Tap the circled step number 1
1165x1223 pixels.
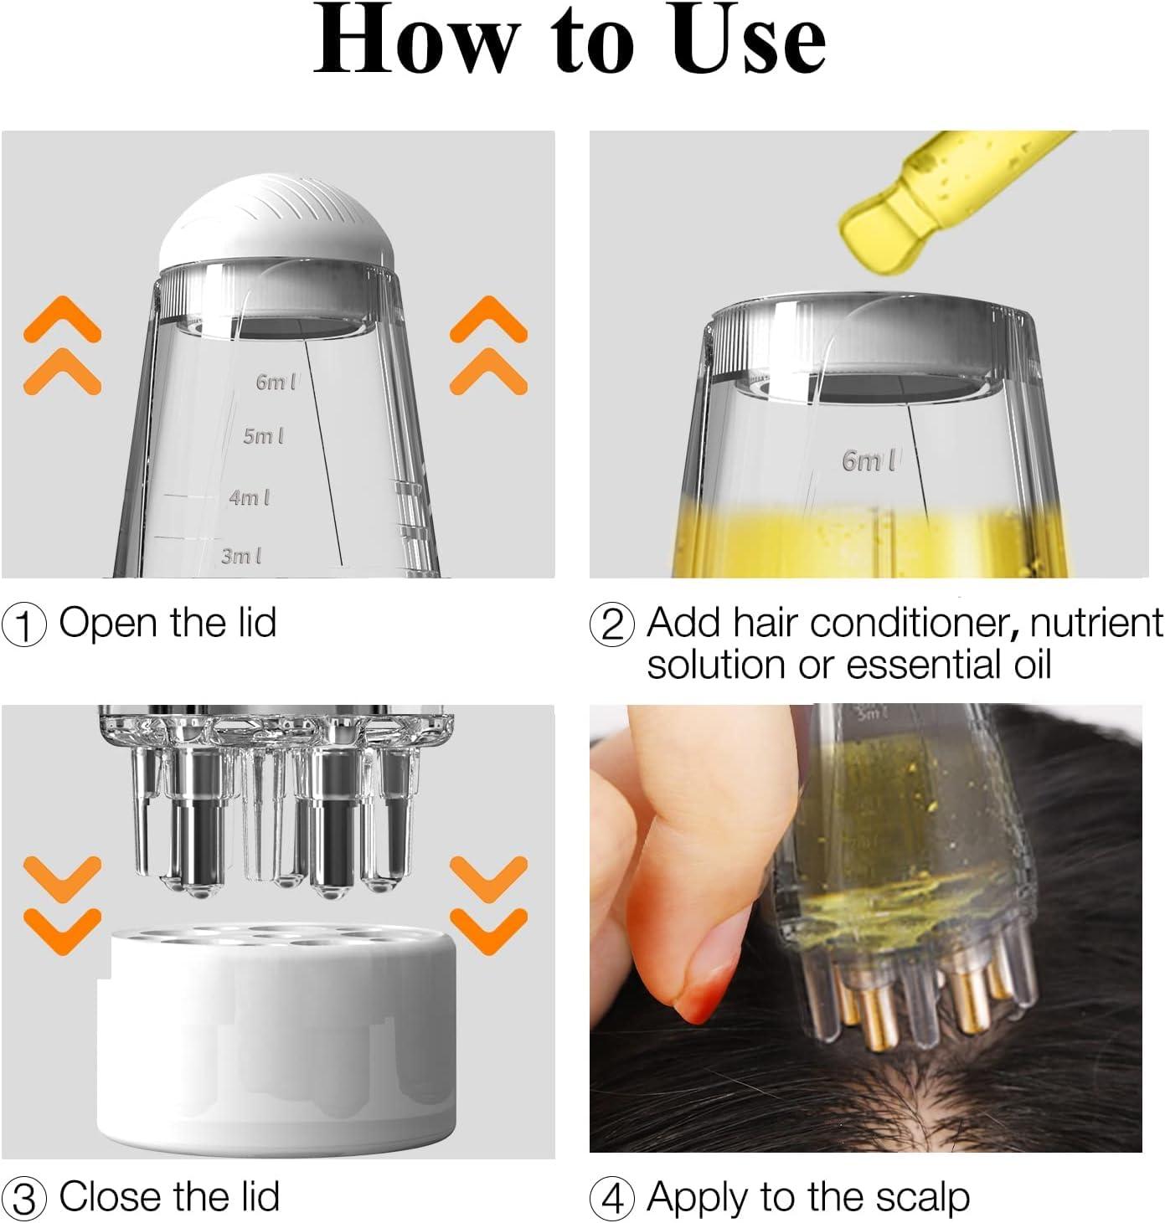25,625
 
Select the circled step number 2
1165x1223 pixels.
612,625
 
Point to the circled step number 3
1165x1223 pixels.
25,1199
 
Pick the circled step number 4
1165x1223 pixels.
612,1199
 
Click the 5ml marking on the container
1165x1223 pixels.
263,436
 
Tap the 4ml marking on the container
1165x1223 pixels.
249,497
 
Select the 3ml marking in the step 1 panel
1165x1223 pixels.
240,556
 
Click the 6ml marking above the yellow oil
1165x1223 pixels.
869,460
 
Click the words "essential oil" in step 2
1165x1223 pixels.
948,665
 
